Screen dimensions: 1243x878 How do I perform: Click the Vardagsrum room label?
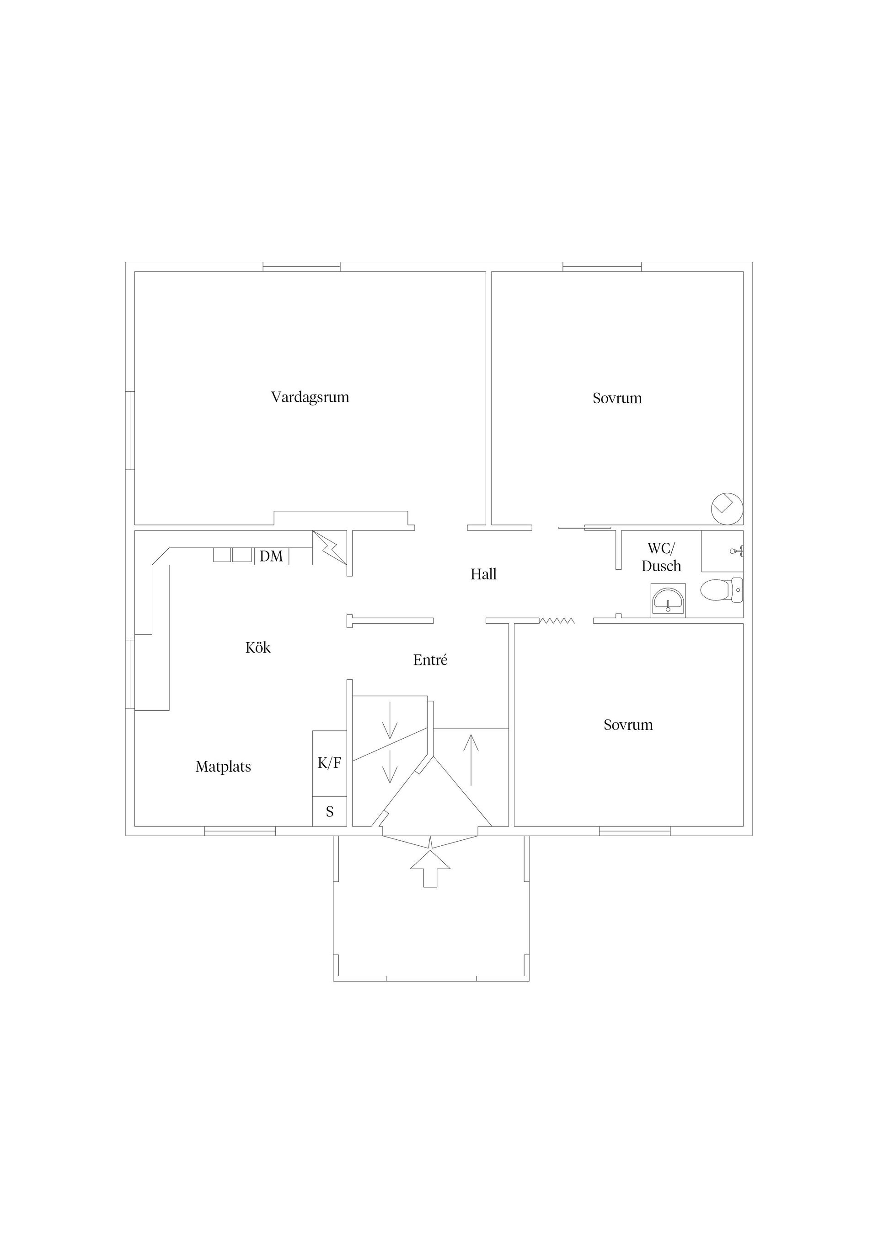click(310, 397)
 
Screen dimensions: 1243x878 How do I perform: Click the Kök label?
click(257, 648)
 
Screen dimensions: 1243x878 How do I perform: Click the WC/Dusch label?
click(661, 557)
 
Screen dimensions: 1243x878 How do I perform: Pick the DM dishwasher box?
click(272, 557)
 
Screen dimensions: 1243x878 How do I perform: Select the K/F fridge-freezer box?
click(329, 763)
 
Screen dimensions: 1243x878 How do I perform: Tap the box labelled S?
click(329, 811)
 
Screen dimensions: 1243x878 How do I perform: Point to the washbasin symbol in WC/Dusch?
click(669, 600)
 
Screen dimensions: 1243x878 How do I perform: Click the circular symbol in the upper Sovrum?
click(727, 508)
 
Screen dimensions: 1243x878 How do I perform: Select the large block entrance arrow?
click(430, 868)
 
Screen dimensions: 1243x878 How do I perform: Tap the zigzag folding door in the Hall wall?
click(557, 621)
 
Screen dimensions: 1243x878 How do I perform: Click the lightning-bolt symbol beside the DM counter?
click(329, 548)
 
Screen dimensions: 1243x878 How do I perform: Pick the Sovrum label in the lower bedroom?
click(628, 725)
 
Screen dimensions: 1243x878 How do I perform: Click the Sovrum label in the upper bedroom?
click(617, 399)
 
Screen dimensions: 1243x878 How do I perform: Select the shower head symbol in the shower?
click(737, 551)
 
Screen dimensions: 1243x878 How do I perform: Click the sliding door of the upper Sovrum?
click(584, 527)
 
